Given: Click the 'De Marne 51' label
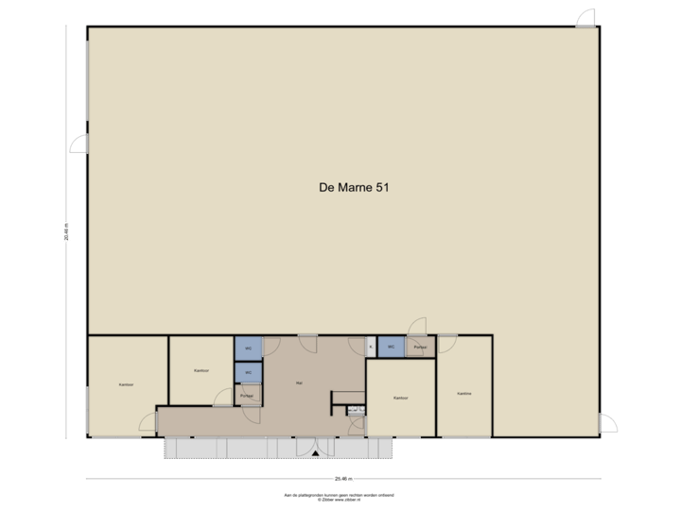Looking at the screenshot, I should pyautogui.click(x=355, y=188).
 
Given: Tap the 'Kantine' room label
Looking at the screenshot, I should pyautogui.click(x=464, y=394).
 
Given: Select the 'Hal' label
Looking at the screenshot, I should pyautogui.click(x=300, y=383).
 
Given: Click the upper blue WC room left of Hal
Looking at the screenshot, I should pyautogui.click(x=248, y=348).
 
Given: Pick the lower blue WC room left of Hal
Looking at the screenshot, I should pyautogui.click(x=248, y=372).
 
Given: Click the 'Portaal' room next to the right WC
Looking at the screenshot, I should pyautogui.click(x=419, y=348).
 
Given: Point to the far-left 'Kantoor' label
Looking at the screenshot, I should pyautogui.click(x=125, y=385).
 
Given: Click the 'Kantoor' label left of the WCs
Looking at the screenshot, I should pyautogui.click(x=201, y=370).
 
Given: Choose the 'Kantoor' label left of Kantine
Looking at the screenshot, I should pyautogui.click(x=400, y=398).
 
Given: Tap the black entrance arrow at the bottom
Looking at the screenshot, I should pyautogui.click(x=315, y=455).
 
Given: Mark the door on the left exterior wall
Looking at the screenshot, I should pyautogui.click(x=79, y=143).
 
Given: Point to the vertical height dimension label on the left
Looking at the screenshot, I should pyautogui.click(x=66, y=231).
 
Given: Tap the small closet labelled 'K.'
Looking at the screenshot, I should pyautogui.click(x=371, y=347).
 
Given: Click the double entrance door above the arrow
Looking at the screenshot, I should pyautogui.click(x=315, y=444).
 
